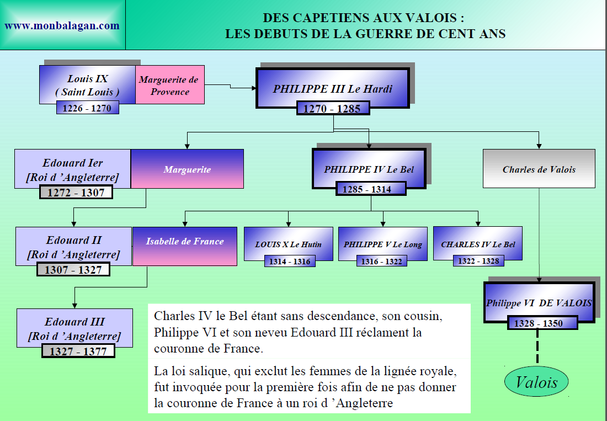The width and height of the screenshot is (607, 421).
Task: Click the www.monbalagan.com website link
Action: [62, 25]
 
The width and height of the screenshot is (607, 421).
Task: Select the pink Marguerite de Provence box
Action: [170, 86]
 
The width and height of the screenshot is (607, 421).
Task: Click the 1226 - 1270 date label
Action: [87, 108]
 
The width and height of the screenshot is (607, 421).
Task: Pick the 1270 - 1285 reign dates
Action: [332, 109]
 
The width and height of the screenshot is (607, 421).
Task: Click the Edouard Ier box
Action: [73, 168]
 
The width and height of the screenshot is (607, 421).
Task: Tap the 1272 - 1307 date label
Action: [76, 193]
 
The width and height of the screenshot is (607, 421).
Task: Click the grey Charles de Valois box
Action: [539, 169]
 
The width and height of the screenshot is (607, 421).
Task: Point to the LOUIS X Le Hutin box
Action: [288, 243]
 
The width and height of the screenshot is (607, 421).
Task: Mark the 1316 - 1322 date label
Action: [382, 262]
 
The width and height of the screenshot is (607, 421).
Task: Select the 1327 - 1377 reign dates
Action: [78, 351]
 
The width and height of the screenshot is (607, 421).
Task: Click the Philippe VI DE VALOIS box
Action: [538, 302]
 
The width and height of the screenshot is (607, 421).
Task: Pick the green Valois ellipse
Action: [536, 382]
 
